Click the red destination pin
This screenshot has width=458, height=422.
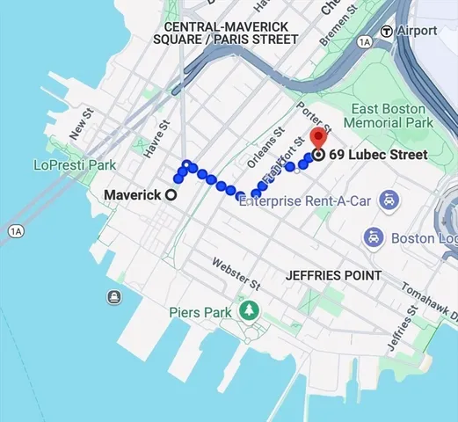point(318,138)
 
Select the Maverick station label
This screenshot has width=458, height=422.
point(133,195)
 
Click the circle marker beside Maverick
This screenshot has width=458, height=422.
point(171,195)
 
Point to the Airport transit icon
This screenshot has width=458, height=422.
point(386,31)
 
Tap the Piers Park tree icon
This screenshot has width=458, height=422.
point(250,311)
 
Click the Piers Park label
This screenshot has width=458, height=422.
point(200,312)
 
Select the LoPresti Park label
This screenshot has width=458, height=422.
point(75,164)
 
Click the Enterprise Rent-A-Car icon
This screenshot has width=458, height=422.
point(387,201)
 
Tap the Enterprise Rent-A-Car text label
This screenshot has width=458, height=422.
point(306,201)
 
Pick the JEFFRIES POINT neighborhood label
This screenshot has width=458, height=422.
point(333,275)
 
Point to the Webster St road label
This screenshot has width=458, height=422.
point(236,274)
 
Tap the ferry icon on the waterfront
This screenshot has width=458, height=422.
point(114,297)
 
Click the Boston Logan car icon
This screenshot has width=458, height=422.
point(373,237)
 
